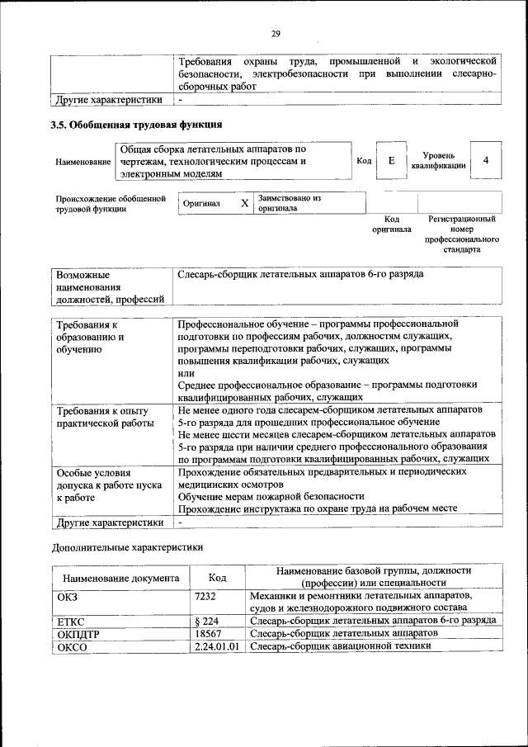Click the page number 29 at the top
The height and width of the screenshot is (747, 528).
[276, 34]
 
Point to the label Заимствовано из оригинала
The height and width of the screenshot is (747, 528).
[288, 203]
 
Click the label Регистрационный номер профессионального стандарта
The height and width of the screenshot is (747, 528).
[461, 234]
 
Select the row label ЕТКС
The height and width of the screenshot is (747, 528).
[72, 621]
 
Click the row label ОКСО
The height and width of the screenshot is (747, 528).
[72, 646]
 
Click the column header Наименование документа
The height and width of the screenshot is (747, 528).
[120, 578]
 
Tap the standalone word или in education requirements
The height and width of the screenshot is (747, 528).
[186, 372]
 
